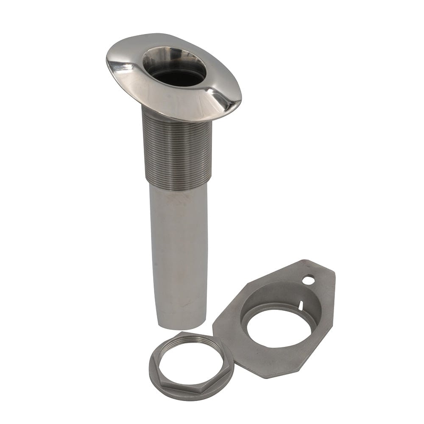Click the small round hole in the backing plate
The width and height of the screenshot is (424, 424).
(309, 280)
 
